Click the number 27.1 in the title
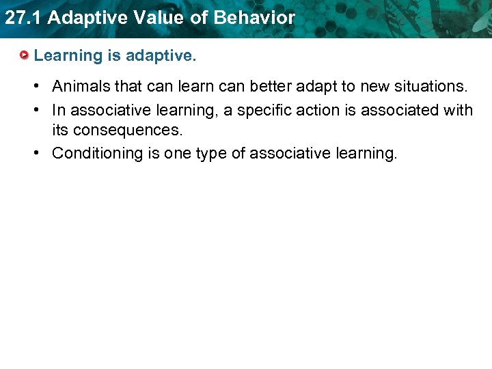click(23, 18)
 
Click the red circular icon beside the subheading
click(25, 55)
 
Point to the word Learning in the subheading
click(67, 56)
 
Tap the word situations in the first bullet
click(430, 87)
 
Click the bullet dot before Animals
click(39, 87)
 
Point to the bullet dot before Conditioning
click(39, 153)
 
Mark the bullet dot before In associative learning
click(39, 110)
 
